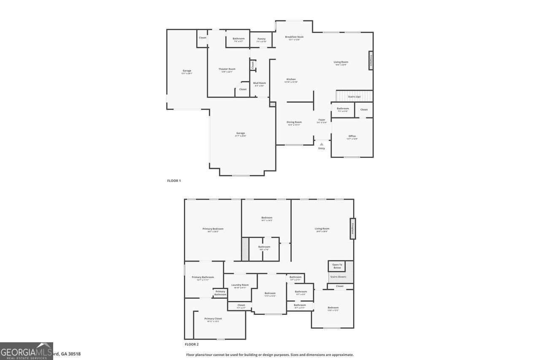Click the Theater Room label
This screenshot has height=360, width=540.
tap(227, 69)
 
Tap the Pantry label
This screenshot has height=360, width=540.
tap(262, 39)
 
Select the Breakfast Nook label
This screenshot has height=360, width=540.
tap(294, 37)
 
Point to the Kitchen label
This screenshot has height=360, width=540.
tap(291, 79)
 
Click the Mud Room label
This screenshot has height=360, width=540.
tap(259, 83)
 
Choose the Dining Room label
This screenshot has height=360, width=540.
tap(294, 122)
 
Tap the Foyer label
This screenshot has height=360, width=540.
tap(322, 120)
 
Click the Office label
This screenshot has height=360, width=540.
tap(352, 136)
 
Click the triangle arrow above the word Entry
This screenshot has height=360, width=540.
tap(321, 144)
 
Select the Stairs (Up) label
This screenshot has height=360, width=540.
tap(354, 97)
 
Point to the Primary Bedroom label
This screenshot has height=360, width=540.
tap(213, 229)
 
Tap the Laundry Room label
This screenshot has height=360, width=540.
tap(240, 285)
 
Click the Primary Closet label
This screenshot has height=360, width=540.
tap(213, 319)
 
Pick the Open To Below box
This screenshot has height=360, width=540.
tap(337, 266)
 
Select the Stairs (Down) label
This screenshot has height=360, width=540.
tap(338, 277)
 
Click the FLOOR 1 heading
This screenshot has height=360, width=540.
tap(174, 181)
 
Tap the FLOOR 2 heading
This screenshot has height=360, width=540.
tap(192, 344)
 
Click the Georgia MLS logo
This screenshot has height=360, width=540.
tap(27, 351)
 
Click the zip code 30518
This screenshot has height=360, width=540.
tap(74, 354)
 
